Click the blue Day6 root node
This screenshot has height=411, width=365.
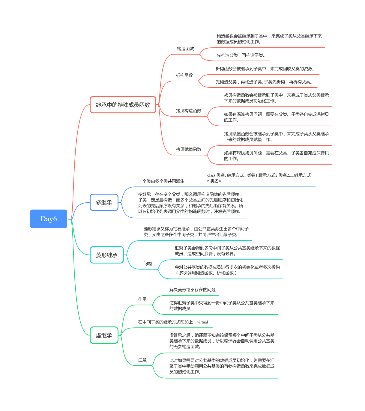[49, 219]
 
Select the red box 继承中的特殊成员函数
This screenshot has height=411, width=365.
[123, 105]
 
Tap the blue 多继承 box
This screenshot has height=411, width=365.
[104, 203]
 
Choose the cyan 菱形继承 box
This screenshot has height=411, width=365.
[107, 255]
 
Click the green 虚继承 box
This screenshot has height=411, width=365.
[104, 335]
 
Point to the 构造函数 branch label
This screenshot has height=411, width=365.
[185, 49]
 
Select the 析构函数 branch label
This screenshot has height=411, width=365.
[184, 75]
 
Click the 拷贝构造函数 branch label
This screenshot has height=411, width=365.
[188, 111]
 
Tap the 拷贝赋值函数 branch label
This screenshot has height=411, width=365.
[188, 149]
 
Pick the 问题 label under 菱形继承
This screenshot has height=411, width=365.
[148, 264]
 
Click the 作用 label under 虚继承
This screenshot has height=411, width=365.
[142, 299]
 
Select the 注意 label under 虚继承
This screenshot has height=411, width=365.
[142, 360]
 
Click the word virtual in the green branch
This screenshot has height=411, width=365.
[202, 322]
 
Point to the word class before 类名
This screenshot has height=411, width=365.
[211, 175]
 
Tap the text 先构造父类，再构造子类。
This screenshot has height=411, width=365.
[241, 55]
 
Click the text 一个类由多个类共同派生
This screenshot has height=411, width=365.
[161, 181]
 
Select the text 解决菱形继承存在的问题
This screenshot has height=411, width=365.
[192, 290]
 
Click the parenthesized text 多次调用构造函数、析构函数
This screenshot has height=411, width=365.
[206, 273]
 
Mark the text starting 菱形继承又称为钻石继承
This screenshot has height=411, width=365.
[196, 231]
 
